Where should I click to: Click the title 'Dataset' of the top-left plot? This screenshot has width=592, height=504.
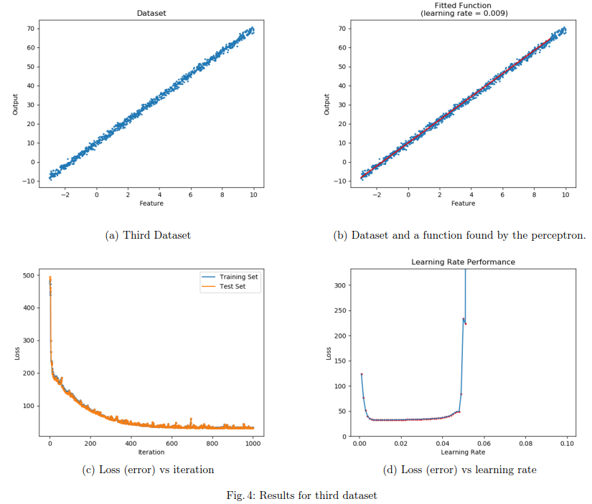(x=151, y=13)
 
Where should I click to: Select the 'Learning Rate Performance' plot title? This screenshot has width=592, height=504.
(x=463, y=262)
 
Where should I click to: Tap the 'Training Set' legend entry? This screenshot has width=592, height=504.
(x=240, y=277)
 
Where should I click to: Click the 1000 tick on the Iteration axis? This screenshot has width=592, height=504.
(x=253, y=444)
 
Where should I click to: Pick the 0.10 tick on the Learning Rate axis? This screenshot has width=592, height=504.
(x=567, y=444)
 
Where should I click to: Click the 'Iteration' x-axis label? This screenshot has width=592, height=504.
(x=151, y=452)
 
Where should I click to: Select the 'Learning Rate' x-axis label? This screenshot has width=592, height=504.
(x=463, y=452)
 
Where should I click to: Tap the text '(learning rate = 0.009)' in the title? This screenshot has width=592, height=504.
(x=463, y=13)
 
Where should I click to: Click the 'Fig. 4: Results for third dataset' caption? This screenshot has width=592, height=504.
(x=296, y=495)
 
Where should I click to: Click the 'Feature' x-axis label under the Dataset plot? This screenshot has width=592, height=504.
(x=151, y=204)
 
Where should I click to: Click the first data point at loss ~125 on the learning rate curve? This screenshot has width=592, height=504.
(x=362, y=374)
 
